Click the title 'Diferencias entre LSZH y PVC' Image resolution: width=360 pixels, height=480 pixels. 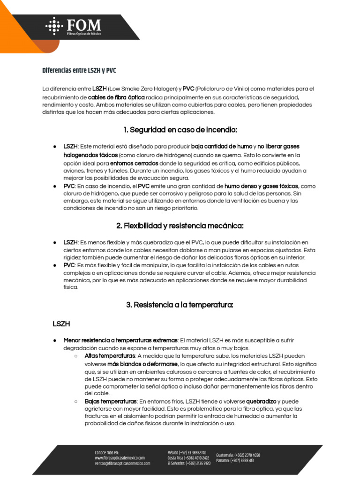point(79,70)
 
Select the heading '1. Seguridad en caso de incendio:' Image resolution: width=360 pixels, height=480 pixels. point(180,129)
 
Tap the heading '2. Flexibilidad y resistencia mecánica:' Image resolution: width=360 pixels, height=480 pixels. point(180,226)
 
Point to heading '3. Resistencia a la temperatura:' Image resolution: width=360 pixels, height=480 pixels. point(180,305)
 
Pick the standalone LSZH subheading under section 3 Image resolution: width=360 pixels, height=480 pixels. point(61,323)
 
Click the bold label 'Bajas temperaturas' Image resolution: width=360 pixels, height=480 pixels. point(111,401)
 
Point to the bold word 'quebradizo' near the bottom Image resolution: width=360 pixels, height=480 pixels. point(261,401)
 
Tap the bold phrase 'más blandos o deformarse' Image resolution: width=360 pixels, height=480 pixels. point(142,364)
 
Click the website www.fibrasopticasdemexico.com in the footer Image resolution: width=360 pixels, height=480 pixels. point(120,457)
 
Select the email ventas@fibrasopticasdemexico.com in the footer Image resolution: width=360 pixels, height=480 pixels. point(122,463)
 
